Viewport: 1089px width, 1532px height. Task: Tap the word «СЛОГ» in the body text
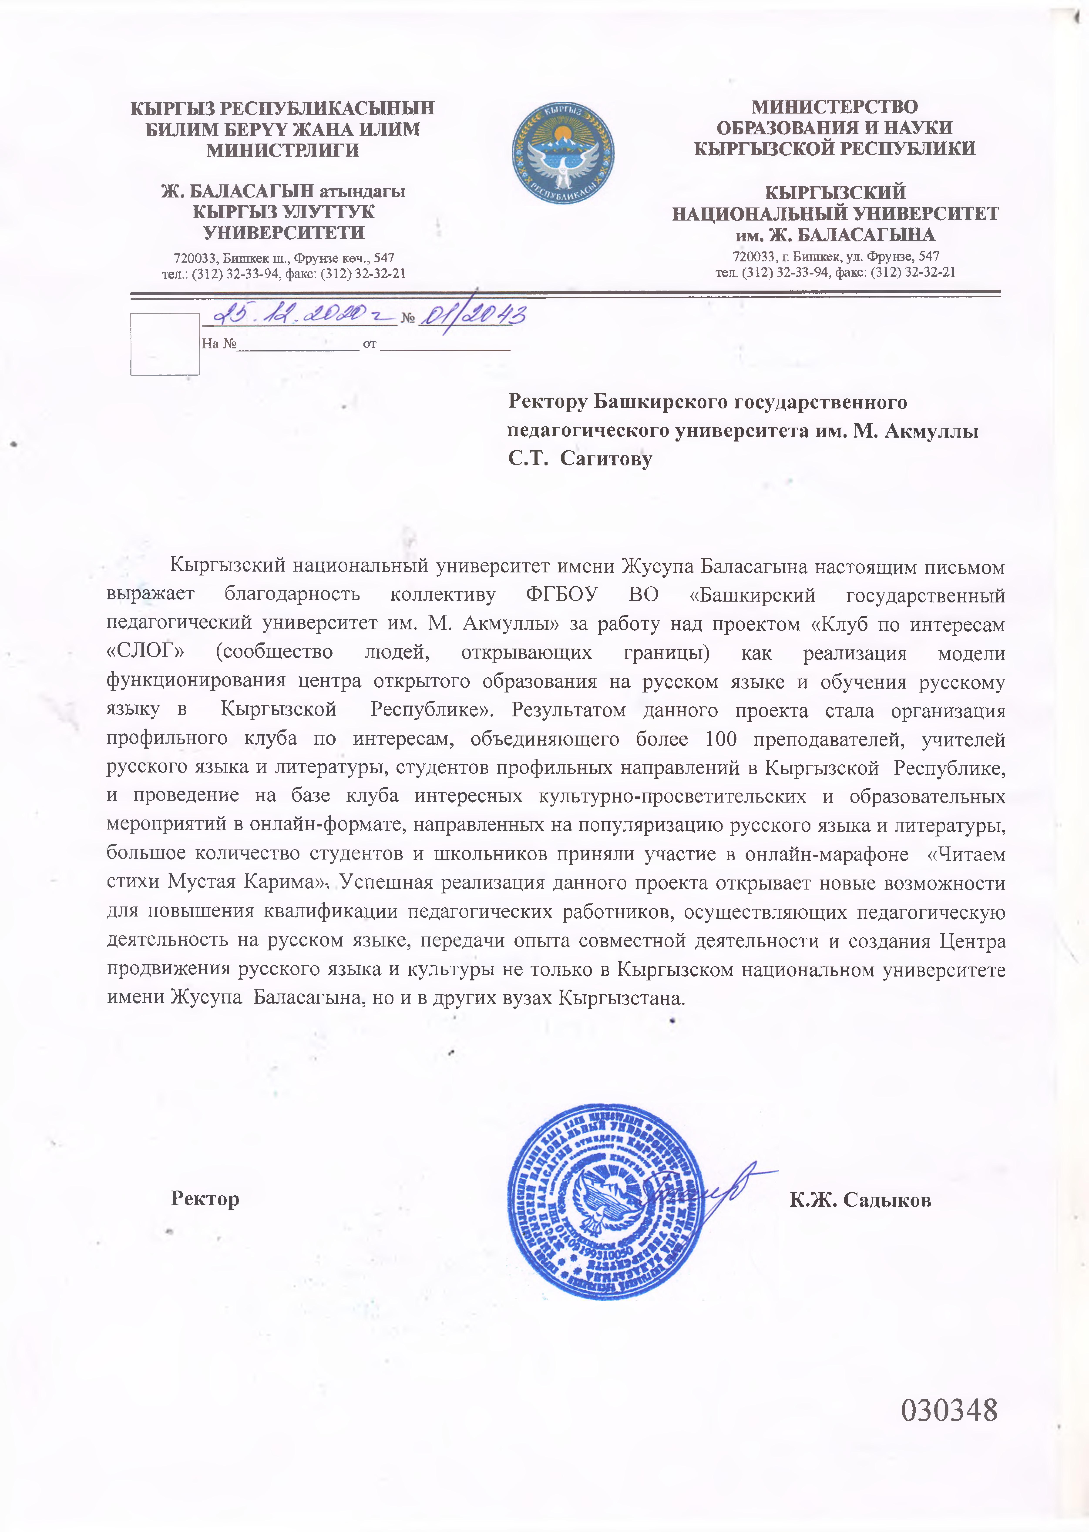pyautogui.click(x=146, y=652)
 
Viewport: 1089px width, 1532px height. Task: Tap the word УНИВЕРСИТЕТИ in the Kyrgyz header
pyautogui.click(x=284, y=232)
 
